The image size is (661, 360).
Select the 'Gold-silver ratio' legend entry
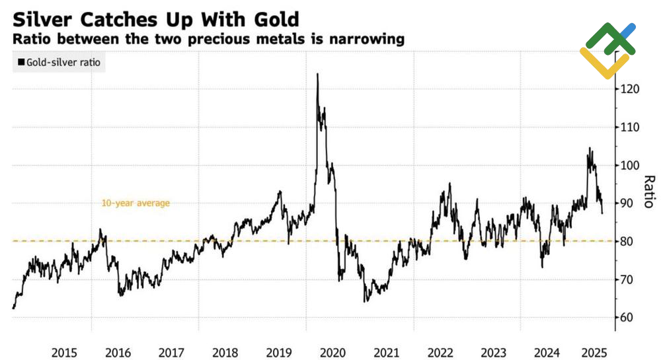coord(61,63)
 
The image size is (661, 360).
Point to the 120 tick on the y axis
coord(629,89)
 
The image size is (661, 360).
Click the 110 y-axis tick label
coord(629,127)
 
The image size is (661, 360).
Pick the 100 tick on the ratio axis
coord(629,166)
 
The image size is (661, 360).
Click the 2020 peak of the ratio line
coord(318,74)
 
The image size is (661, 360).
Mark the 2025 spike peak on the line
coord(589,149)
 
